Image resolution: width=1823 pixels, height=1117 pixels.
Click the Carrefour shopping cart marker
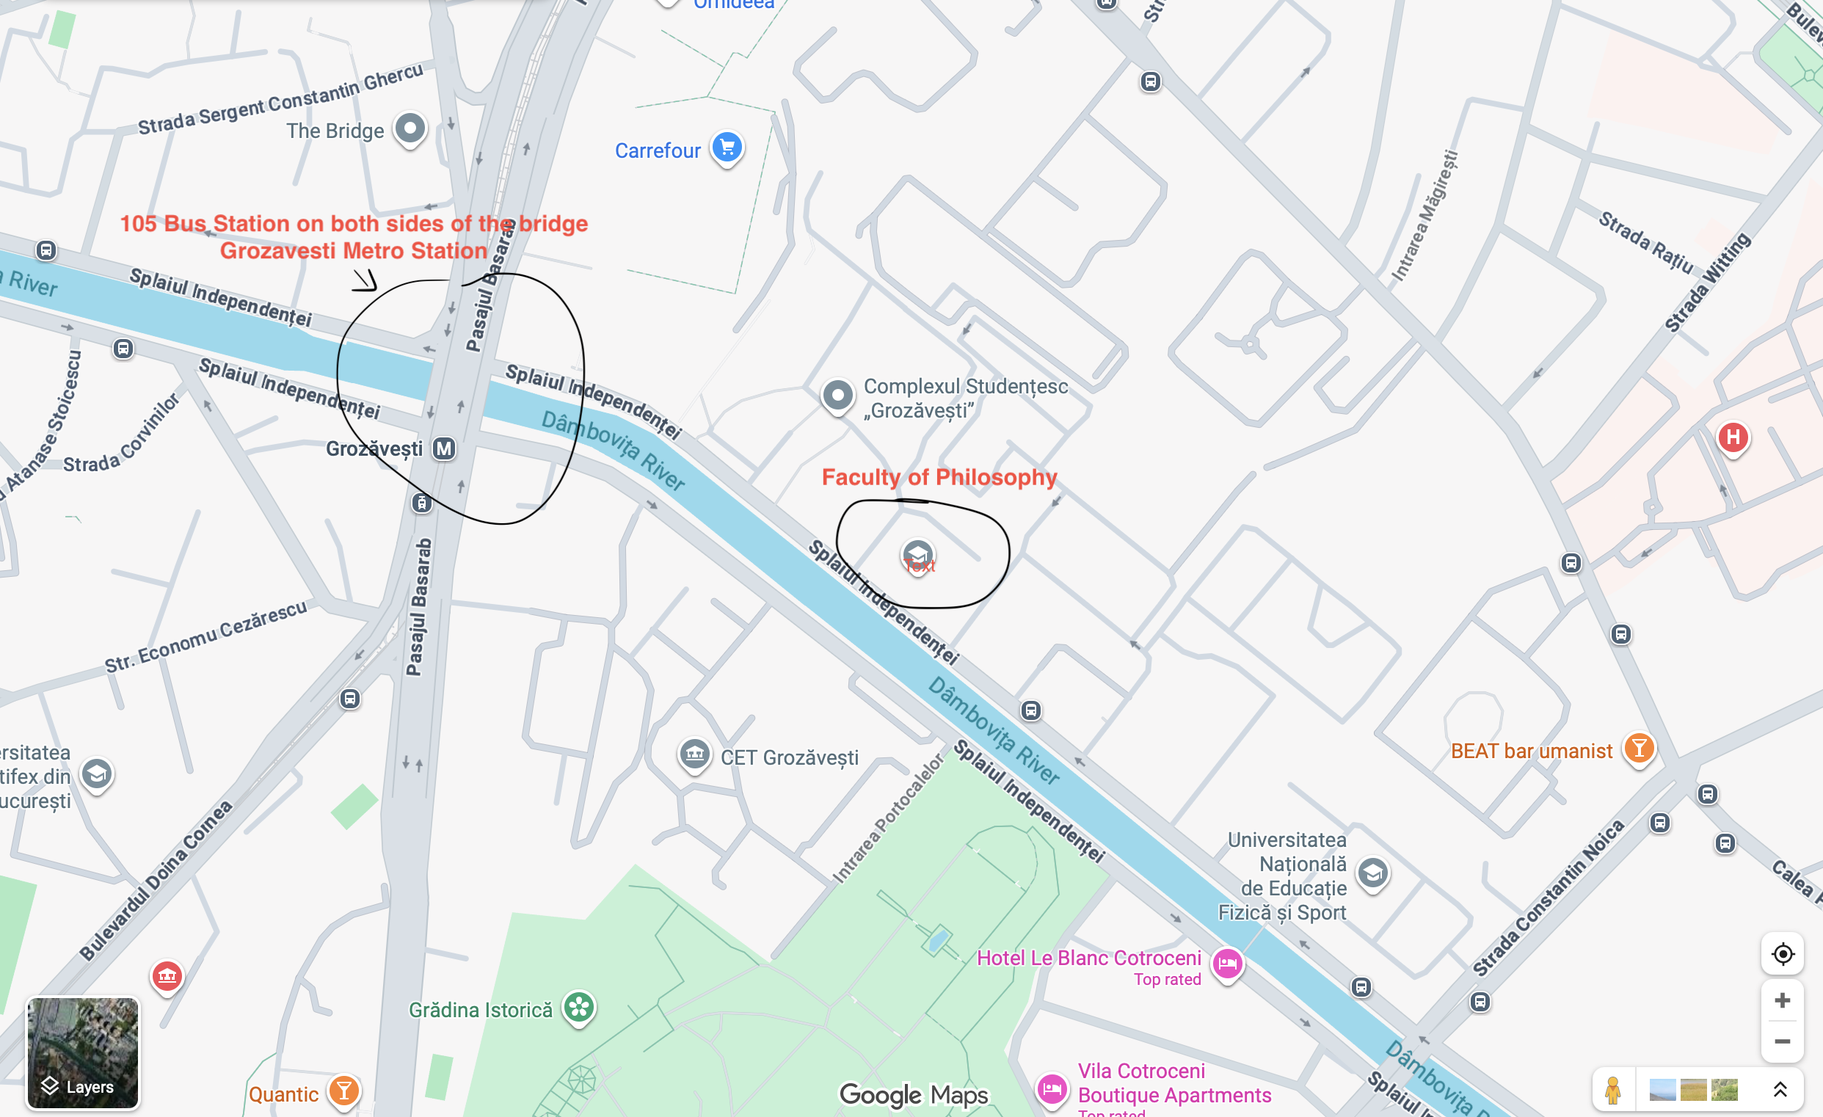coord(727,147)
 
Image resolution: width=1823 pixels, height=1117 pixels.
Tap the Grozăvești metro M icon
coord(444,448)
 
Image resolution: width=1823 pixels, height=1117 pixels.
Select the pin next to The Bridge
coord(410,128)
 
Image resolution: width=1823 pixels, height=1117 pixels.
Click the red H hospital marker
coord(1733,437)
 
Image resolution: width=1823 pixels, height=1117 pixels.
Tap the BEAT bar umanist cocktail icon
coord(1639,749)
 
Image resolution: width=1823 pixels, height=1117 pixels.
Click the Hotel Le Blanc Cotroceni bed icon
coord(1226,963)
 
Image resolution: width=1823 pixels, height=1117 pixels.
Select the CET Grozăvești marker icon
coord(694,754)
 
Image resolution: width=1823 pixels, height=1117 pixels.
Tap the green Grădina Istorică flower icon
coord(578,1007)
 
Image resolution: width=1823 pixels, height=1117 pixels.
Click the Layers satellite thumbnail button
coord(82,1052)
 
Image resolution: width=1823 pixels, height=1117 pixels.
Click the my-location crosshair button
coord(1783,954)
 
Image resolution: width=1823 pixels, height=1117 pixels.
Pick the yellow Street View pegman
coord(1612,1090)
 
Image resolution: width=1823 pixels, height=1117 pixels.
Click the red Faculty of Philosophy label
coord(939,477)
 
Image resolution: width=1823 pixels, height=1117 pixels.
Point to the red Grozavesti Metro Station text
coord(353,251)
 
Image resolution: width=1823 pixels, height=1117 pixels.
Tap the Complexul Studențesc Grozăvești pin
coord(837,395)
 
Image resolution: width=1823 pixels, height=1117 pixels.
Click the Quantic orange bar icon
coord(343,1091)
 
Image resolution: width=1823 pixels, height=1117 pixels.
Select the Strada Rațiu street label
coord(1645,242)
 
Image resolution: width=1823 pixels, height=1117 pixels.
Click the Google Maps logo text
coord(913,1095)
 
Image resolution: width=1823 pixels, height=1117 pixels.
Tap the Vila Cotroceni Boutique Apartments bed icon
coord(1052,1088)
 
